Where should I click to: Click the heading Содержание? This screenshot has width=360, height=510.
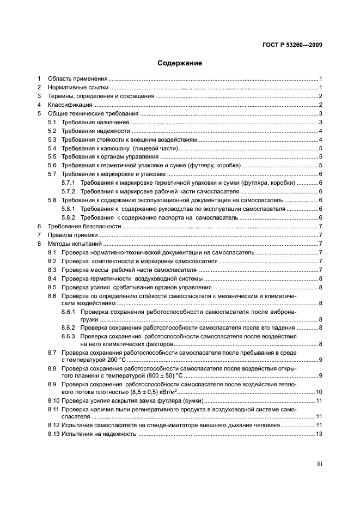pyautogui.click(x=180, y=63)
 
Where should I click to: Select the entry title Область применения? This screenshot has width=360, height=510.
pyautogui.click(x=77, y=78)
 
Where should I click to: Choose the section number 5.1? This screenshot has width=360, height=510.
pyautogui.click(x=52, y=122)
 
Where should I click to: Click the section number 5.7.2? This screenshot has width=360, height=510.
pyautogui.click(x=69, y=191)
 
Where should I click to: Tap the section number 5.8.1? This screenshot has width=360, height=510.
pyautogui.click(x=69, y=209)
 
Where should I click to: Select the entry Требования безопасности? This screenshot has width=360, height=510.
pyautogui.click(x=81, y=226)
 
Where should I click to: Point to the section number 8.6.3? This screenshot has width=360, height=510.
pyautogui.click(x=69, y=337)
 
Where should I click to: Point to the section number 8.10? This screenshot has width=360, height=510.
pyautogui.click(x=53, y=400)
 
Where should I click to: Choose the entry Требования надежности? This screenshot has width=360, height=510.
pyautogui.click(x=95, y=131)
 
